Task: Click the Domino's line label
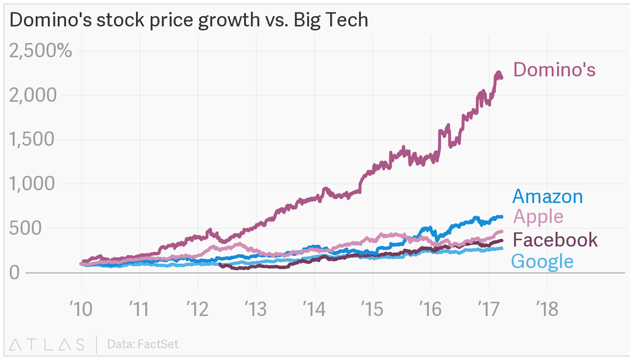[x=554, y=69]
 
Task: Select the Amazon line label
[x=547, y=196]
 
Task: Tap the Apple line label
[x=538, y=216]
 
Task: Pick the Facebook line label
[x=555, y=240]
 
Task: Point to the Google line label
[x=542, y=261]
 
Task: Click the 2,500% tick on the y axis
[x=41, y=51]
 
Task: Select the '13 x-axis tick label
[x=256, y=308]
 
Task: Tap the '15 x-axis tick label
[x=372, y=308]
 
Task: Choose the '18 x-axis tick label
[x=547, y=308]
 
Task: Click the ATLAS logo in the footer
[x=47, y=344]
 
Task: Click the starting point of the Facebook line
[x=219, y=264]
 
